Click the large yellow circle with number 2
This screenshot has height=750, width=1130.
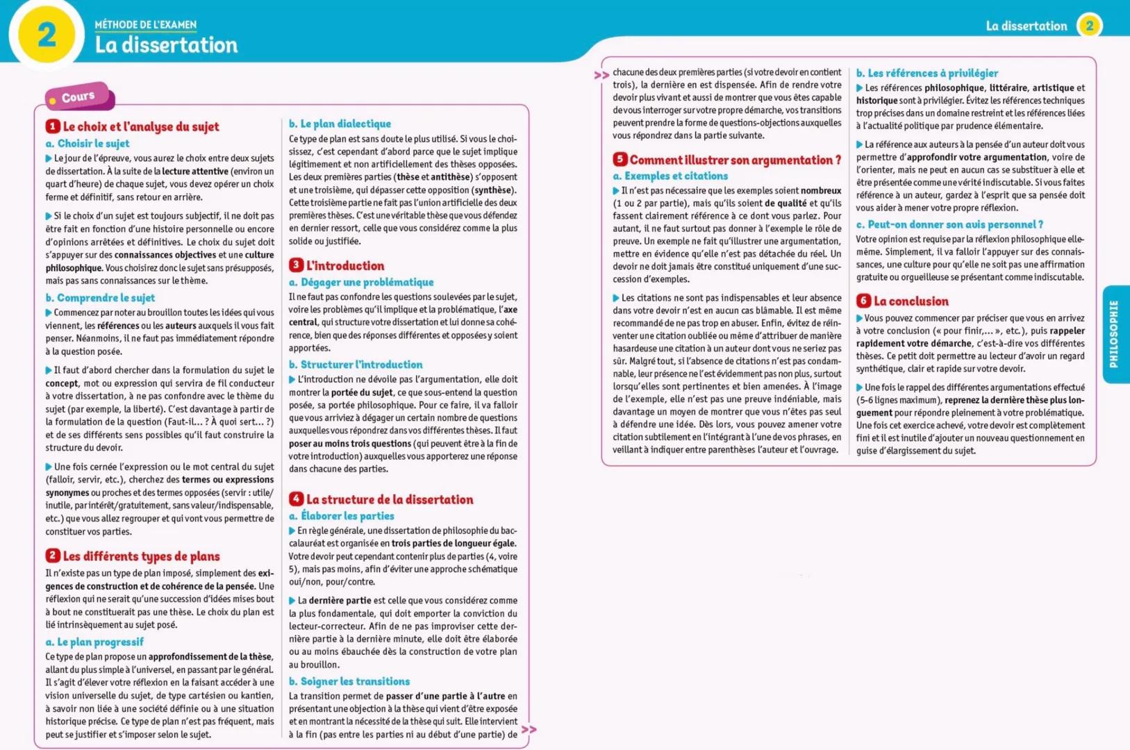47,35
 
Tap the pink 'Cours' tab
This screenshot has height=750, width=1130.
78,97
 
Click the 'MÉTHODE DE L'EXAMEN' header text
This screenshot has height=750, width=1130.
145,24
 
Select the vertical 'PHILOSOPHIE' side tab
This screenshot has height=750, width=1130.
1114,334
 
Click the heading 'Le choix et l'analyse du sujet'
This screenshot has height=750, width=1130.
141,126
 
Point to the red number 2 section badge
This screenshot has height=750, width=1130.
53,556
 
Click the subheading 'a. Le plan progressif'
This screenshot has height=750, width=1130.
94,642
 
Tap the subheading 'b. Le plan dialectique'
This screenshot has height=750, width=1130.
340,124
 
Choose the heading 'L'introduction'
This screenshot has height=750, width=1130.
345,265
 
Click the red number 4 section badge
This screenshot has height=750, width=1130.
297,499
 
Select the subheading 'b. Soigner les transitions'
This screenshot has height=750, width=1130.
349,682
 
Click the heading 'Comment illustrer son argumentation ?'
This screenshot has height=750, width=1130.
735,160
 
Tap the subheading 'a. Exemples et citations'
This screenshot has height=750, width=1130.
670,176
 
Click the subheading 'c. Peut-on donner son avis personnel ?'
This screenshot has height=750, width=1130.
949,225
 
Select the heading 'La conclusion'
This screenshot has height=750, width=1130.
911,301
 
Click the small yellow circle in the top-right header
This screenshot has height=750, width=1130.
1089,26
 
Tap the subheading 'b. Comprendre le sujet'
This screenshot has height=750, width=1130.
100,298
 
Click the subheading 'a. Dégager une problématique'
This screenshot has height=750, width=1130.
361,282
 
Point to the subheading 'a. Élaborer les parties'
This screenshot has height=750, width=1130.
342,516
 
